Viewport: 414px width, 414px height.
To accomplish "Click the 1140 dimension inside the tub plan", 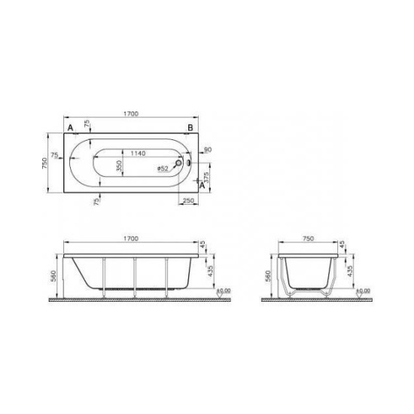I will [137, 153].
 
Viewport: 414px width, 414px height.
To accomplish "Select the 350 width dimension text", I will [117, 167].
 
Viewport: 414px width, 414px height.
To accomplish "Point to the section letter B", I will [191, 129].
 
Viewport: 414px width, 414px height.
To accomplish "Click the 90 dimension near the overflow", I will [207, 151].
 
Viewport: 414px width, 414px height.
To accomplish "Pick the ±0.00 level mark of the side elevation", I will [223, 289].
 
